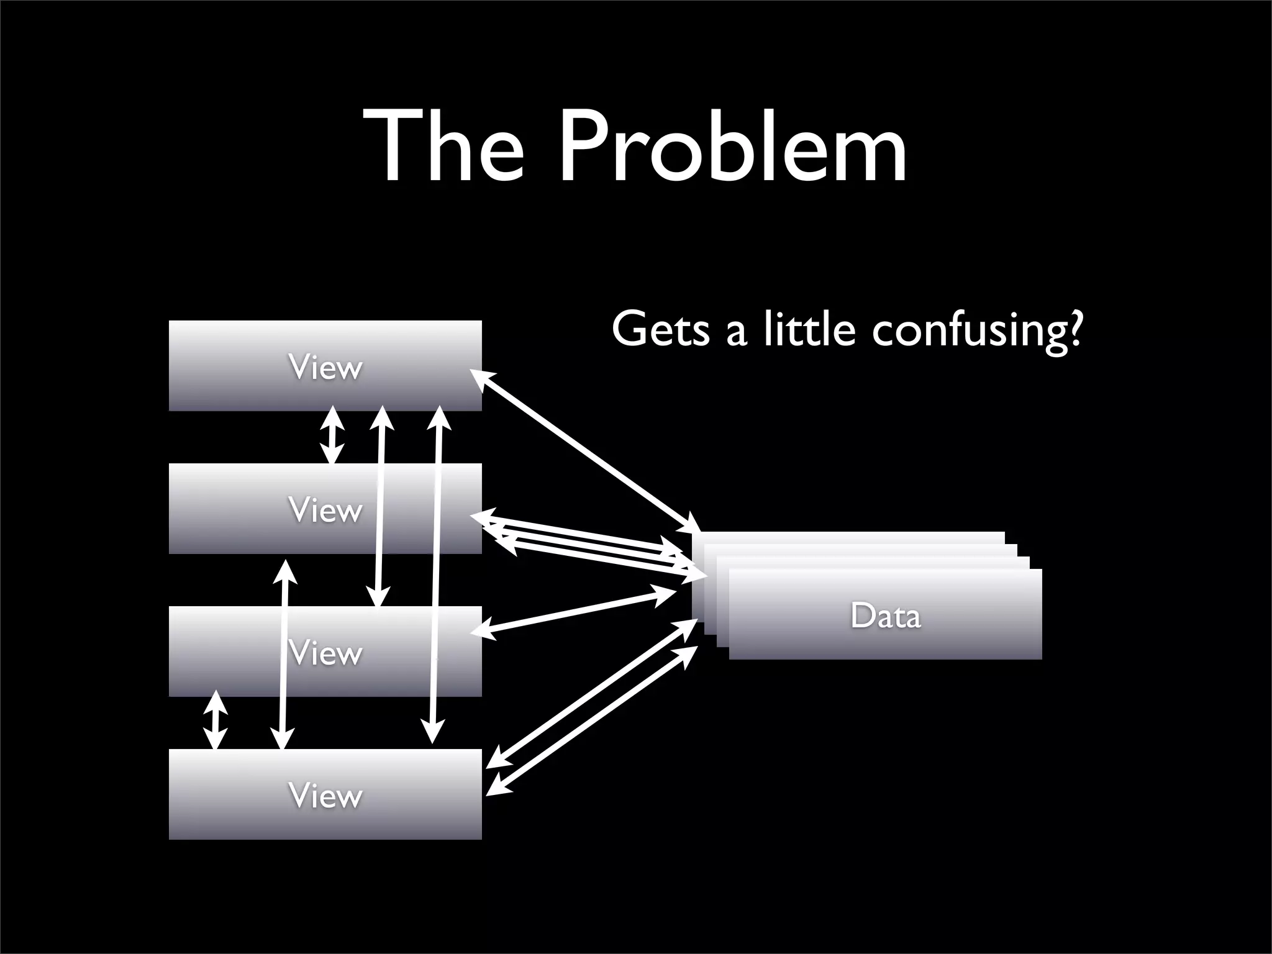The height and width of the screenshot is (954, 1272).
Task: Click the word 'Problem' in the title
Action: tap(733, 149)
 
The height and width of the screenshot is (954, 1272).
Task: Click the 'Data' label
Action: tap(885, 616)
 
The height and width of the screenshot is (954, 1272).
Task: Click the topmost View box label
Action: tap(325, 368)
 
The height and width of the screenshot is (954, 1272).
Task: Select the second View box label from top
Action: tap(325, 511)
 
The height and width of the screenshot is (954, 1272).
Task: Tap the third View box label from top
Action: tap(325, 653)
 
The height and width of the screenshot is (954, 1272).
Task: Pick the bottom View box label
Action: tap(325, 796)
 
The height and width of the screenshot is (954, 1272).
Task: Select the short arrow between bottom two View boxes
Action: tap(216, 720)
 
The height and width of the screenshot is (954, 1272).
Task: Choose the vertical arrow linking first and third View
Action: tap(379, 506)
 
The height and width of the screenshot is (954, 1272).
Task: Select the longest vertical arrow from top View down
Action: tap(436, 575)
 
